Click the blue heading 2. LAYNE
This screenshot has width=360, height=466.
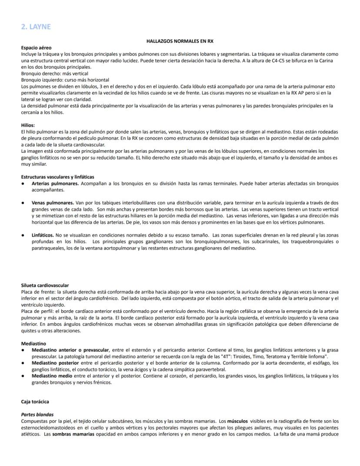tap(36, 27)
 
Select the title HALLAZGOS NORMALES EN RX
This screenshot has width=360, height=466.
tap(180, 40)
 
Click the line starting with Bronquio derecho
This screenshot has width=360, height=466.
tap(54, 74)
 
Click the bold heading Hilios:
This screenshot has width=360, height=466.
tap(28, 125)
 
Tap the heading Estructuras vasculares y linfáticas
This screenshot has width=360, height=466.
tap(57, 177)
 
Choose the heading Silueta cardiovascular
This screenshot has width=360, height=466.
tap(46, 285)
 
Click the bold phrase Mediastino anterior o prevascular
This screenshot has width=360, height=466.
tap(70, 350)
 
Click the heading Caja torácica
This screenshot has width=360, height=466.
tap(34, 402)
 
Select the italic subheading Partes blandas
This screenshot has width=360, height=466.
tap(37, 415)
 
